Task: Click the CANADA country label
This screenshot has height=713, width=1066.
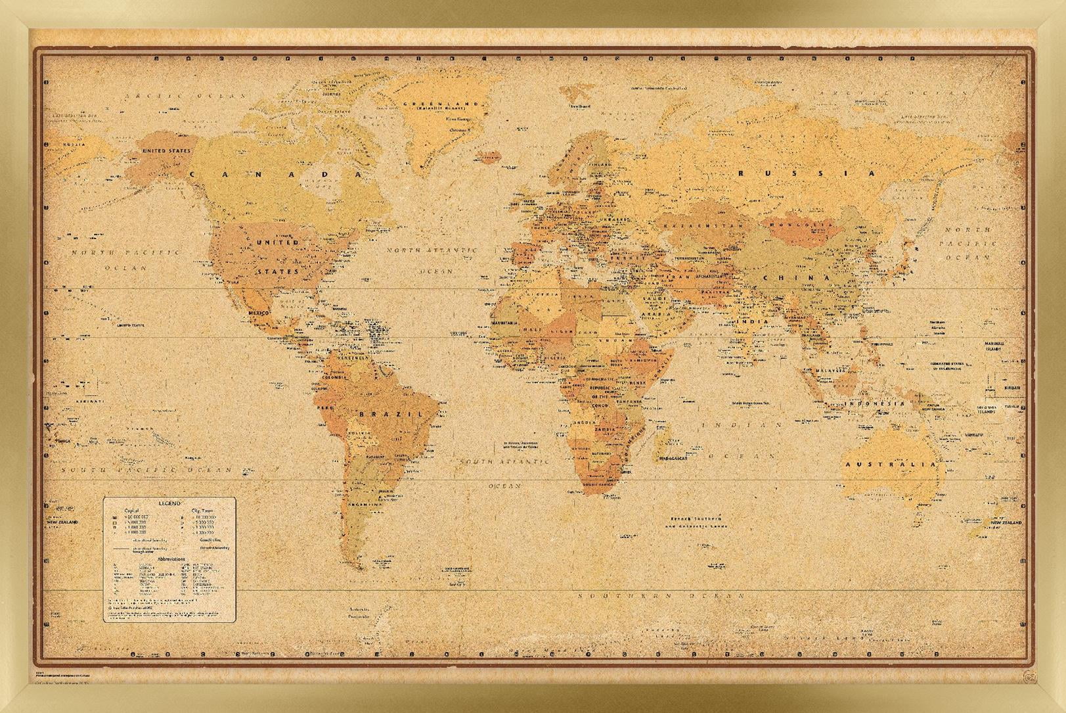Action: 276,174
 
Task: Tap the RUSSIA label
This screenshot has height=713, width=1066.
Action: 807,173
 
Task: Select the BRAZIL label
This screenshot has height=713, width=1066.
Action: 390,414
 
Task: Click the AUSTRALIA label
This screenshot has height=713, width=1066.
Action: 890,465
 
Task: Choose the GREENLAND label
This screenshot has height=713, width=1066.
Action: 441,104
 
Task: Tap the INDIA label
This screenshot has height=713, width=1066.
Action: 751,322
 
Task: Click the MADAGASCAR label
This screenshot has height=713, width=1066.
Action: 669,458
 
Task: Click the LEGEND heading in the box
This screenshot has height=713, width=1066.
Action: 169,503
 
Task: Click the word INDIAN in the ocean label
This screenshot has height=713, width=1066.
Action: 742,425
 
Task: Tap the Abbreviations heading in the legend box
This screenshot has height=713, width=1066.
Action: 171,559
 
